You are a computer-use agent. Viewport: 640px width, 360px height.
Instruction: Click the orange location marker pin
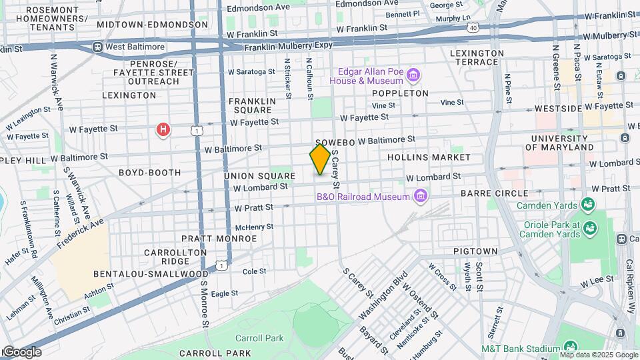(x=320, y=159)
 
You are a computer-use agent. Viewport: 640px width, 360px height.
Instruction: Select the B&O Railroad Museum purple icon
(x=420, y=196)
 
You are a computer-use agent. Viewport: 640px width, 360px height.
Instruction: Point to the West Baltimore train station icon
(x=97, y=47)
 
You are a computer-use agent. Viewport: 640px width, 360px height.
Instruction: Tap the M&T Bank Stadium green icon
(x=570, y=347)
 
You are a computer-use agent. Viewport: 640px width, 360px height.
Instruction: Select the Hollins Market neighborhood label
(x=429, y=157)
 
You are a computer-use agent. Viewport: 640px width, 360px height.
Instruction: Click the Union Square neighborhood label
(x=259, y=176)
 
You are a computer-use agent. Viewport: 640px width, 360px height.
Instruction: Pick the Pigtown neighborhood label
(x=475, y=251)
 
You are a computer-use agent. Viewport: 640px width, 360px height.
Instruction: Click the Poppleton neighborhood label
(x=400, y=93)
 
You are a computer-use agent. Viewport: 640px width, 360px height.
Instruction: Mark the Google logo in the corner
(x=21, y=351)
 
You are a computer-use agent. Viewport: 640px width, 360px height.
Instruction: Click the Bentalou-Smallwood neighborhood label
(x=141, y=274)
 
